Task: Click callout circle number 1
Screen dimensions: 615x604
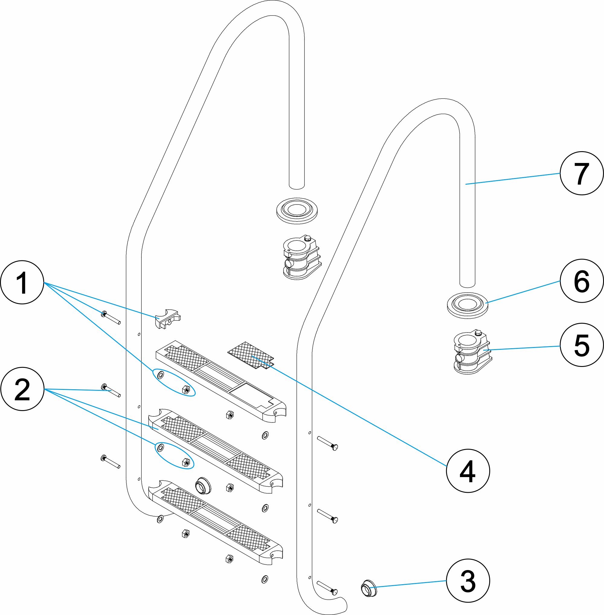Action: [x=22, y=282]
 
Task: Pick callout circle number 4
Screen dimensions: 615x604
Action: [x=467, y=470]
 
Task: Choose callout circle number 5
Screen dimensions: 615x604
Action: [x=581, y=345]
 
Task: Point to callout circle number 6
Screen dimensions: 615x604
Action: [x=581, y=281]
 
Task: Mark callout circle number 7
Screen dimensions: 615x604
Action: [x=581, y=173]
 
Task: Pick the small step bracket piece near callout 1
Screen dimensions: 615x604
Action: [x=168, y=319]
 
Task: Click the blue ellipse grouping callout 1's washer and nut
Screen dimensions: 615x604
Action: [x=174, y=382]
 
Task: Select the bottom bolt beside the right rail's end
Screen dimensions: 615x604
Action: [x=327, y=588]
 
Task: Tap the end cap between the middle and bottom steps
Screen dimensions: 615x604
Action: [x=203, y=485]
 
